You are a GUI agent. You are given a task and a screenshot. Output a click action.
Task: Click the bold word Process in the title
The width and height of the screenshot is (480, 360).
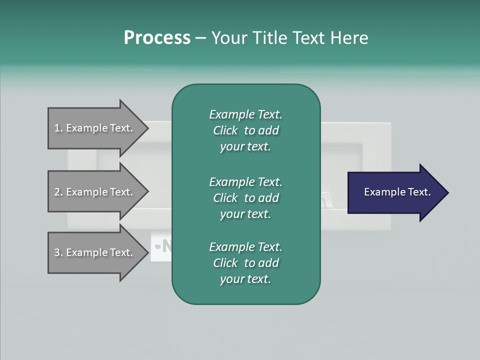pos(157,38)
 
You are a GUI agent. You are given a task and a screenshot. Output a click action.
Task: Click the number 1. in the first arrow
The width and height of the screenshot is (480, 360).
pos(58,128)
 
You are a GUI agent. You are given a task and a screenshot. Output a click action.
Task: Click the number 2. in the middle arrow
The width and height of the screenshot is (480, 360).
pos(58,192)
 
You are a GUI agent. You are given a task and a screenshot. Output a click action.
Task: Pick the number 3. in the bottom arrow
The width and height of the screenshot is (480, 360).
pos(58,252)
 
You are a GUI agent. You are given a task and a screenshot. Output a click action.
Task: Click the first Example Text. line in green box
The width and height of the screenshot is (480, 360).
pos(245,114)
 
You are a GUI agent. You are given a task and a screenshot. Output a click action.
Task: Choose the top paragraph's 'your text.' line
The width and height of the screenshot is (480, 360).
pos(245,147)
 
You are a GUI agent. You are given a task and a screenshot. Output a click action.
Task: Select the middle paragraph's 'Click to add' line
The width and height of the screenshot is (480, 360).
pos(245,198)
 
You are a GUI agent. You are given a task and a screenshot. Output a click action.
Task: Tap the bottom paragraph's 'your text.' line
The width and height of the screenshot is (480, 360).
pos(245,279)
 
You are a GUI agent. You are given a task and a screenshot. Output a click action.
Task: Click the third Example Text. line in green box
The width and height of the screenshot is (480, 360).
pos(245,247)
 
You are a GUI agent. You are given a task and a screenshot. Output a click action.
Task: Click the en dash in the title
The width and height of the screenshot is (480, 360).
pos(200,38)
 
